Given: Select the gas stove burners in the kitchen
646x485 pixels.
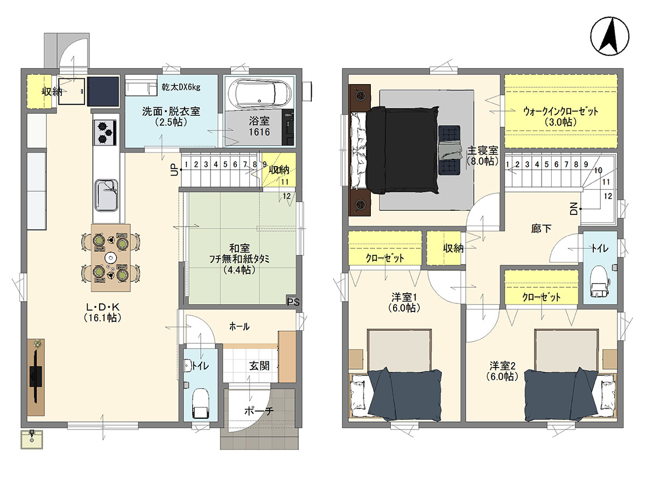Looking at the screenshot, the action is click(106, 133).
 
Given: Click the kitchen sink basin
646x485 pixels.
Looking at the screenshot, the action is click(106, 195).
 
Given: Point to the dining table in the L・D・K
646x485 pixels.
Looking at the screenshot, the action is click(111, 258).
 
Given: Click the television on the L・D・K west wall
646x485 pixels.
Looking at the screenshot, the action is click(36, 377).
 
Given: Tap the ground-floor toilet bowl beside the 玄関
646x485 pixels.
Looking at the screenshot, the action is click(200, 403).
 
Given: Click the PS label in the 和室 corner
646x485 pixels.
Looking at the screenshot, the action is click(293, 302).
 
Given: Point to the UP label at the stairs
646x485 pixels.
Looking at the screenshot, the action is click(174, 170).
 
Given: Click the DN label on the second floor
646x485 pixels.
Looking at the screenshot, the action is click(574, 209).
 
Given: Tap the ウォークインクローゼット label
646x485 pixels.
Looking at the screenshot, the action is click(560, 112).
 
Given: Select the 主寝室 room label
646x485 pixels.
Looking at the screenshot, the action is click(483, 151).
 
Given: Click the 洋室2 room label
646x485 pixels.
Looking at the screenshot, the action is click(502, 366).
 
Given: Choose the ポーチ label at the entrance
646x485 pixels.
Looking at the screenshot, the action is click(259, 411).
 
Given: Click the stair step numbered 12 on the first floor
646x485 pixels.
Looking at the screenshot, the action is click(286, 196).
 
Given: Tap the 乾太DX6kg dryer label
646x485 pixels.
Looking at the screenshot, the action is click(181, 87).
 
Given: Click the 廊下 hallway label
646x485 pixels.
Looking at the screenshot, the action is click(541, 228).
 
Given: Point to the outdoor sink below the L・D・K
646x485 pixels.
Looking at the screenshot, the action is click(32, 439).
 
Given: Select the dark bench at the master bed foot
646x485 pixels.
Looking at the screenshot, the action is click(449, 150).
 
